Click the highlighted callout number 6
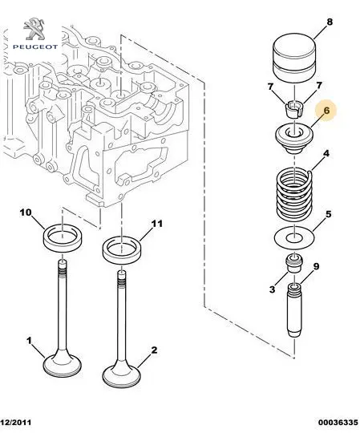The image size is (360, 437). pos(326,111)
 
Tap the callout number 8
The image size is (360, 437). pos(330,22)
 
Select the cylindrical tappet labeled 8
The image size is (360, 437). pos(294,58)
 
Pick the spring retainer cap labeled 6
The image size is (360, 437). pos(294,140)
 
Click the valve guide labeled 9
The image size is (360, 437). pos(294,310)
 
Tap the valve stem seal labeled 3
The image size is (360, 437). pos(294,263)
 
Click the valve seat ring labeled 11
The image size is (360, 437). pos(122,248)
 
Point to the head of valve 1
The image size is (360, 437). pos(63,364)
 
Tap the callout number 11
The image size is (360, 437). pos(156,224)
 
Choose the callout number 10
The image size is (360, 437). pos(26,212)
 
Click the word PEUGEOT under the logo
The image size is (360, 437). pos(35,47)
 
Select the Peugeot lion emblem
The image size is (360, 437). pos(34,29)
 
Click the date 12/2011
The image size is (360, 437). pos(15,423)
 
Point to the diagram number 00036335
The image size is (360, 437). pos(338,423)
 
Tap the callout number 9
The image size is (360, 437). pos(316,266)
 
